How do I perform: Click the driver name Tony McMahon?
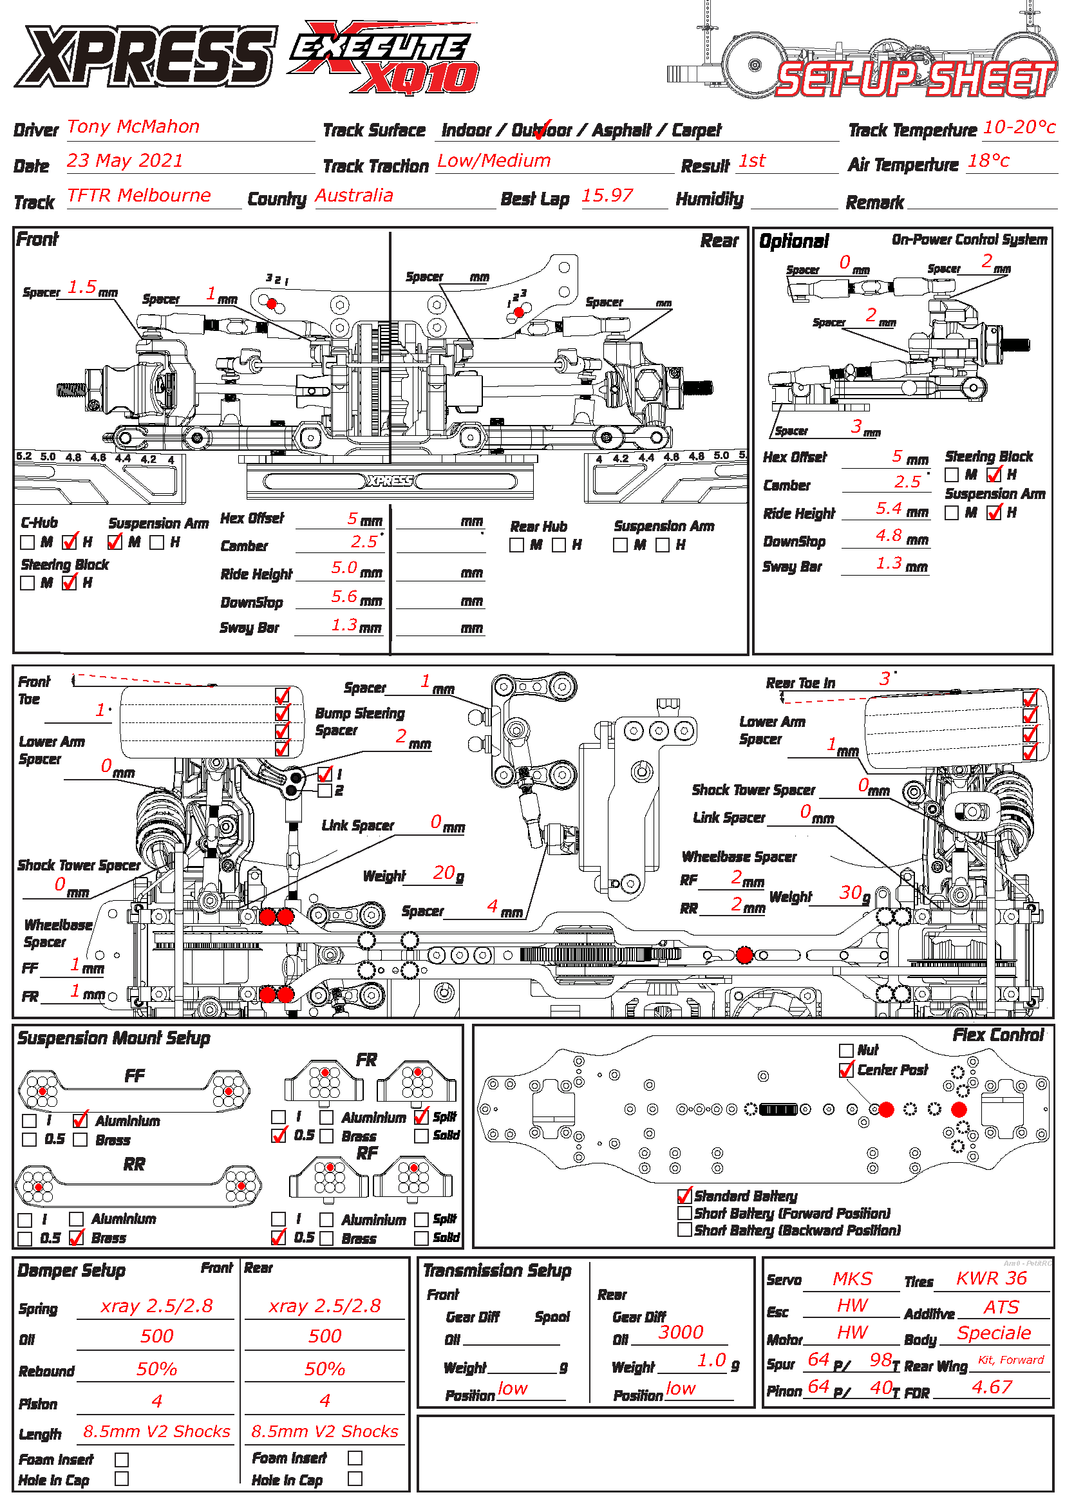[x=133, y=127]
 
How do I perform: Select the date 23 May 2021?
[x=125, y=161]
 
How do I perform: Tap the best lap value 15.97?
[x=607, y=196]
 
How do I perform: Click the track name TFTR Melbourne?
[x=138, y=196]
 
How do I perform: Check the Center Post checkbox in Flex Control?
[x=846, y=1070]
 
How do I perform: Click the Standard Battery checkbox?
[x=684, y=1195]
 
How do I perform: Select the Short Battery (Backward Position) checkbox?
[x=684, y=1229]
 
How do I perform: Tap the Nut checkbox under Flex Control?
[x=846, y=1050]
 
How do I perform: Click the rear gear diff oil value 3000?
[x=680, y=1332]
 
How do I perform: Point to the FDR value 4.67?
[x=992, y=1387]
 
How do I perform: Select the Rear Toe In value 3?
[x=885, y=678]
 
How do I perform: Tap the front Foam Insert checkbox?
[x=121, y=1459]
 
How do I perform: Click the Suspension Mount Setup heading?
[x=113, y=1038]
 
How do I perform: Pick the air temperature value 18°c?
[x=988, y=161]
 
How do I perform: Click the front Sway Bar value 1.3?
[x=344, y=625]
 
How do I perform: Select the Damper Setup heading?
[x=71, y=1270]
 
